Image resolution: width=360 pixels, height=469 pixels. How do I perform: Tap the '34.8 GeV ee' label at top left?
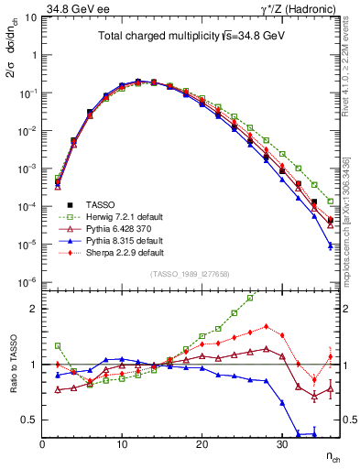(71, 7)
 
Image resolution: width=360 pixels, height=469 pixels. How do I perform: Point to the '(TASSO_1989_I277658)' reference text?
(190, 273)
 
